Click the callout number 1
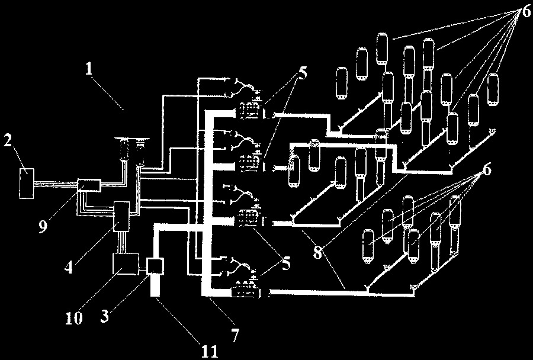[89, 69]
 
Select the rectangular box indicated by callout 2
[27, 183]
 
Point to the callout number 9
[43, 226]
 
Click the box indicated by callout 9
[89, 185]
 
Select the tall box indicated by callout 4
[121, 216]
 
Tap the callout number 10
[74, 318]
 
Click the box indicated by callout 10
[126, 263]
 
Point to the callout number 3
[105, 316]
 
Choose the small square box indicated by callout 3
[155, 266]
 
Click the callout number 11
[209, 352]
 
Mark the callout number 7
[235, 335]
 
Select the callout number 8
[317, 252]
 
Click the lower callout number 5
[286, 263]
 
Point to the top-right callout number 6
[526, 12]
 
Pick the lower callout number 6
[487, 169]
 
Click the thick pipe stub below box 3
[155, 285]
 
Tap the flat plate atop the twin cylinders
[133, 139]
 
